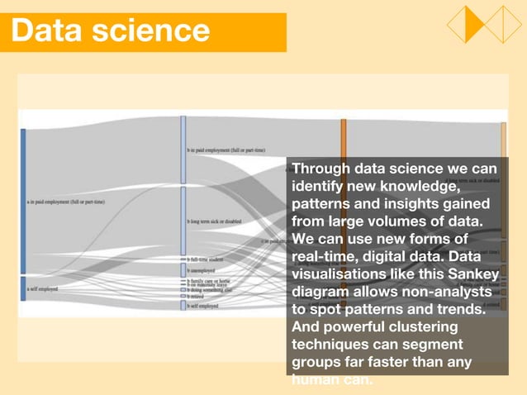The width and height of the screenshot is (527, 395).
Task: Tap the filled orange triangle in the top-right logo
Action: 474,24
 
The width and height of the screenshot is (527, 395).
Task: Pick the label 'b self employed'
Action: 202,306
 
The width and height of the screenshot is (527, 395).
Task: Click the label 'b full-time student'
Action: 207,259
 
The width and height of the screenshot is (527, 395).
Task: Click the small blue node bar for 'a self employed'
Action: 23,288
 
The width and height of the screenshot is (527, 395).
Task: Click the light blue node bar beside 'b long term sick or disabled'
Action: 183,221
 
